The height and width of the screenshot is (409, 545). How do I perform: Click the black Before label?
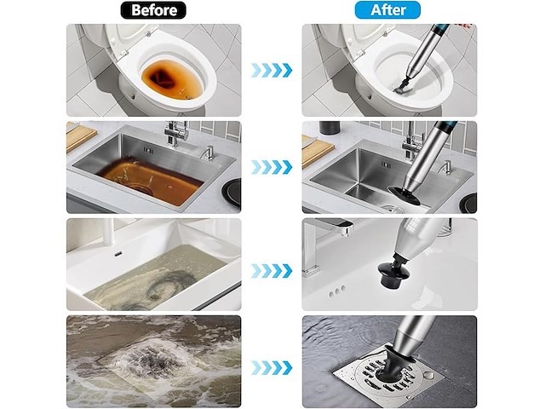pos(153,10)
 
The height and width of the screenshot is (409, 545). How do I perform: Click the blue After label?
pos(387,10)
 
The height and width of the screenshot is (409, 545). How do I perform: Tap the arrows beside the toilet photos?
pos(272,70)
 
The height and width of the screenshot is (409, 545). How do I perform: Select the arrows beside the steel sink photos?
pos(272,167)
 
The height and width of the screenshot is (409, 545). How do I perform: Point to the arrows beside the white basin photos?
pos(272,271)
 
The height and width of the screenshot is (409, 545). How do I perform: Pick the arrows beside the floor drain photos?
pos(272,368)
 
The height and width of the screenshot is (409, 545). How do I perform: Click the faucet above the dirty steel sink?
pos(176,134)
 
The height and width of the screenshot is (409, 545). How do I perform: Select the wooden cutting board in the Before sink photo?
pos(80,136)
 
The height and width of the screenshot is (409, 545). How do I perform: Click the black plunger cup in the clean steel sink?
pos(403,195)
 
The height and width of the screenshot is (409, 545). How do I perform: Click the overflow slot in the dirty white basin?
pos(118,254)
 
